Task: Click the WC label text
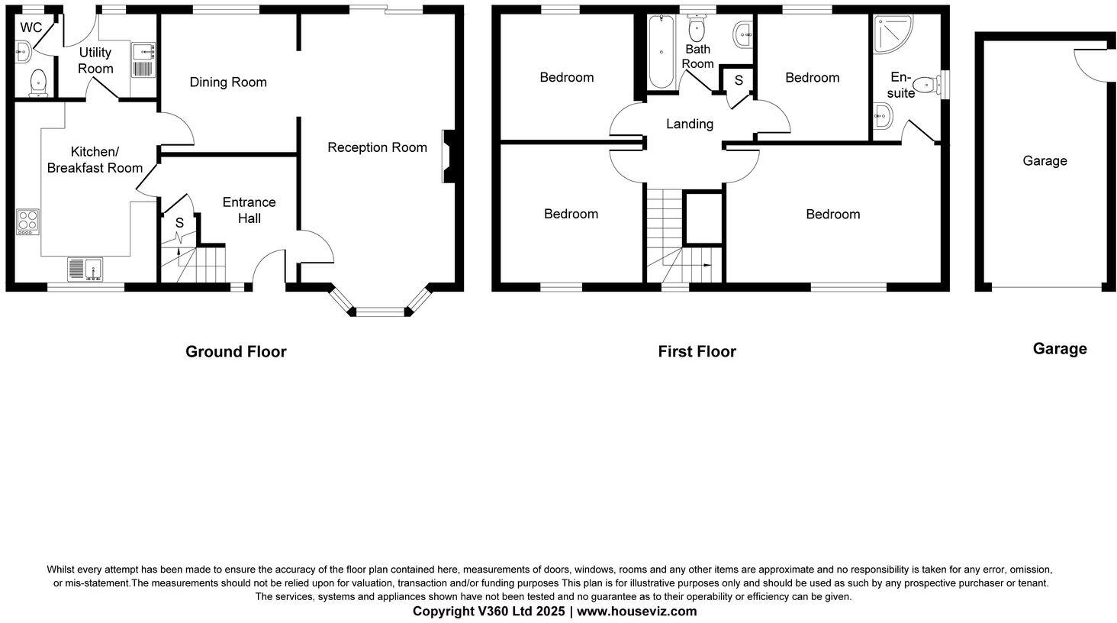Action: tap(31, 27)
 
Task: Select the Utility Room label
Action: tap(95, 60)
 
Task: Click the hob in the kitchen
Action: tap(27, 221)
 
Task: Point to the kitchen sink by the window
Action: tap(85, 270)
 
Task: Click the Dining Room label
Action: tap(228, 82)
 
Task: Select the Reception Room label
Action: tap(377, 147)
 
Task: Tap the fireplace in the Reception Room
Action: tap(447, 156)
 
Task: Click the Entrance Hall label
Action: tap(249, 210)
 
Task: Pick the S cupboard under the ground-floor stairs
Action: tap(179, 223)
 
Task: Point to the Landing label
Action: tap(690, 124)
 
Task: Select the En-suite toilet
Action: tap(925, 85)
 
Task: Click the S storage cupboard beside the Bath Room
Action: tap(738, 80)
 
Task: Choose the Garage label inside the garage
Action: tap(1045, 161)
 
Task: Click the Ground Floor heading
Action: tap(236, 352)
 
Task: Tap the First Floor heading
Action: tap(697, 352)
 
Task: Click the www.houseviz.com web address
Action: tap(636, 612)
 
